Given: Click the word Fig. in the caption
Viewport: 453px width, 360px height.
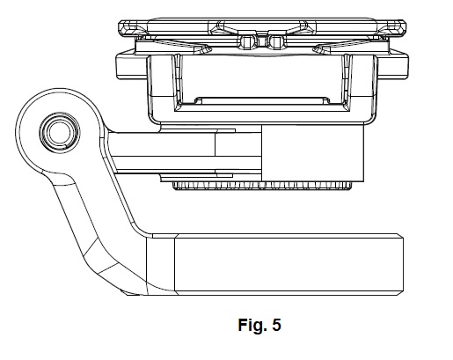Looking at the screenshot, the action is [252, 325].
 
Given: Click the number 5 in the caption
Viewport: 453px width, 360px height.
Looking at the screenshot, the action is [276, 325].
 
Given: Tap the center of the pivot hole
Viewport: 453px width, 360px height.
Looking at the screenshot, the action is [60, 132].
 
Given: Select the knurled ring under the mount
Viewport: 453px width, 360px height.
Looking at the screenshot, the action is [263, 186].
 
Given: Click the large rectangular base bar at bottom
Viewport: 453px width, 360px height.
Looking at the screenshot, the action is [289, 265].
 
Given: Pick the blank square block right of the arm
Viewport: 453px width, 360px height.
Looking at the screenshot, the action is [312, 153].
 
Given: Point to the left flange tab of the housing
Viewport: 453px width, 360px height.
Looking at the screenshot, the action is [131, 67].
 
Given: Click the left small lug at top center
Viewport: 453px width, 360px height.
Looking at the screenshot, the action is [247, 42].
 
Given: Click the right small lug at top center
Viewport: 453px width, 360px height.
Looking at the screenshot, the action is [275, 42].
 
